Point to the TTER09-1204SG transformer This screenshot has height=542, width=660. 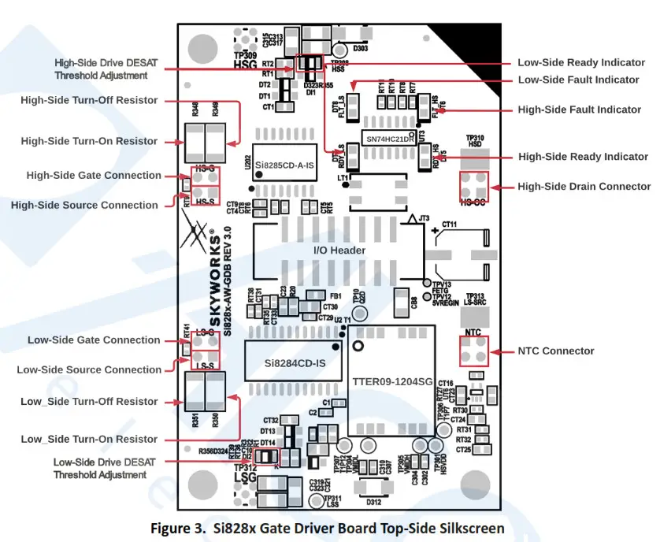pyautogui.click(x=392, y=381)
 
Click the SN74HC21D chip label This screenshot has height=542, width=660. pyautogui.click(x=388, y=139)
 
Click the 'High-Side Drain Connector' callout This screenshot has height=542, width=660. pyautogui.click(x=584, y=187)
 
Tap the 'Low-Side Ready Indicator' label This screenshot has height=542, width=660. pyautogui.click(x=578, y=62)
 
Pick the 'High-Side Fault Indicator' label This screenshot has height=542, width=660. pyautogui.click(x=579, y=110)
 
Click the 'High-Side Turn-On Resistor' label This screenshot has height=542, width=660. pyautogui.click(x=89, y=141)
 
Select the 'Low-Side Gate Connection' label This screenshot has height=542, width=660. pyautogui.click(x=94, y=340)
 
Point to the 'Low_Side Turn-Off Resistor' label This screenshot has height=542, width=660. pyautogui.click(x=89, y=402)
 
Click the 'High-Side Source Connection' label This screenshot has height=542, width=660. pyautogui.click(x=84, y=205)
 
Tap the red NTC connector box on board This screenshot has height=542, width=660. pyautogui.click(x=473, y=350)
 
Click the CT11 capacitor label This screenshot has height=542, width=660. pyautogui.click(x=450, y=225)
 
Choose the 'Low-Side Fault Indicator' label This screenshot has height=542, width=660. pyautogui.click(x=578, y=80)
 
